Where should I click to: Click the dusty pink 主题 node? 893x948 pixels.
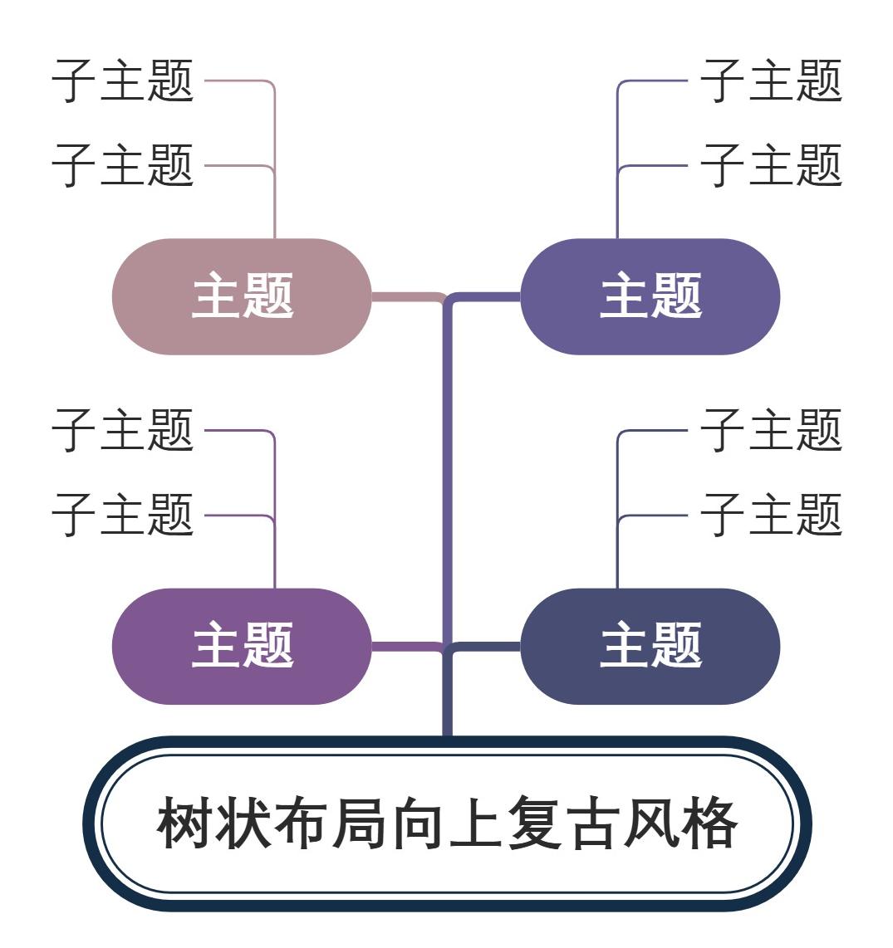(242, 296)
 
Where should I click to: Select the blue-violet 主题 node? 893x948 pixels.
(650, 296)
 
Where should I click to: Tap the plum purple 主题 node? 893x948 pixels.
(242, 646)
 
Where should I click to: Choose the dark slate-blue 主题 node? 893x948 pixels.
(650, 646)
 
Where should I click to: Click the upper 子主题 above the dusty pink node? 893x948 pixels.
(123, 81)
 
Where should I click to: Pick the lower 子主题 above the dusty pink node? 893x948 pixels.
(123, 164)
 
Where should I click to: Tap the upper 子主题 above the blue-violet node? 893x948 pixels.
(771, 81)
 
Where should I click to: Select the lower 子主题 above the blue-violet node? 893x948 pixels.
(771, 164)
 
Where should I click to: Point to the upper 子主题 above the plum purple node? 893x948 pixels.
(123, 430)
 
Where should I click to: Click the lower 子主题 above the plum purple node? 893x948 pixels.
(123, 515)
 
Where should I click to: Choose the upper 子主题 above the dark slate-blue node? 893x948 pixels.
(771, 430)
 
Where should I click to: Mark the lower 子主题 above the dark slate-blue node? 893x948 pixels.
(771, 515)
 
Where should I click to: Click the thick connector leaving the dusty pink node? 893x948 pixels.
(403, 296)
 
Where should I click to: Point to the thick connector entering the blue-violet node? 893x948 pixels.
(486, 296)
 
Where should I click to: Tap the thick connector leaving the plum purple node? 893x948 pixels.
(403, 645)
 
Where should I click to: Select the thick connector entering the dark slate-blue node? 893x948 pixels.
(486, 645)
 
